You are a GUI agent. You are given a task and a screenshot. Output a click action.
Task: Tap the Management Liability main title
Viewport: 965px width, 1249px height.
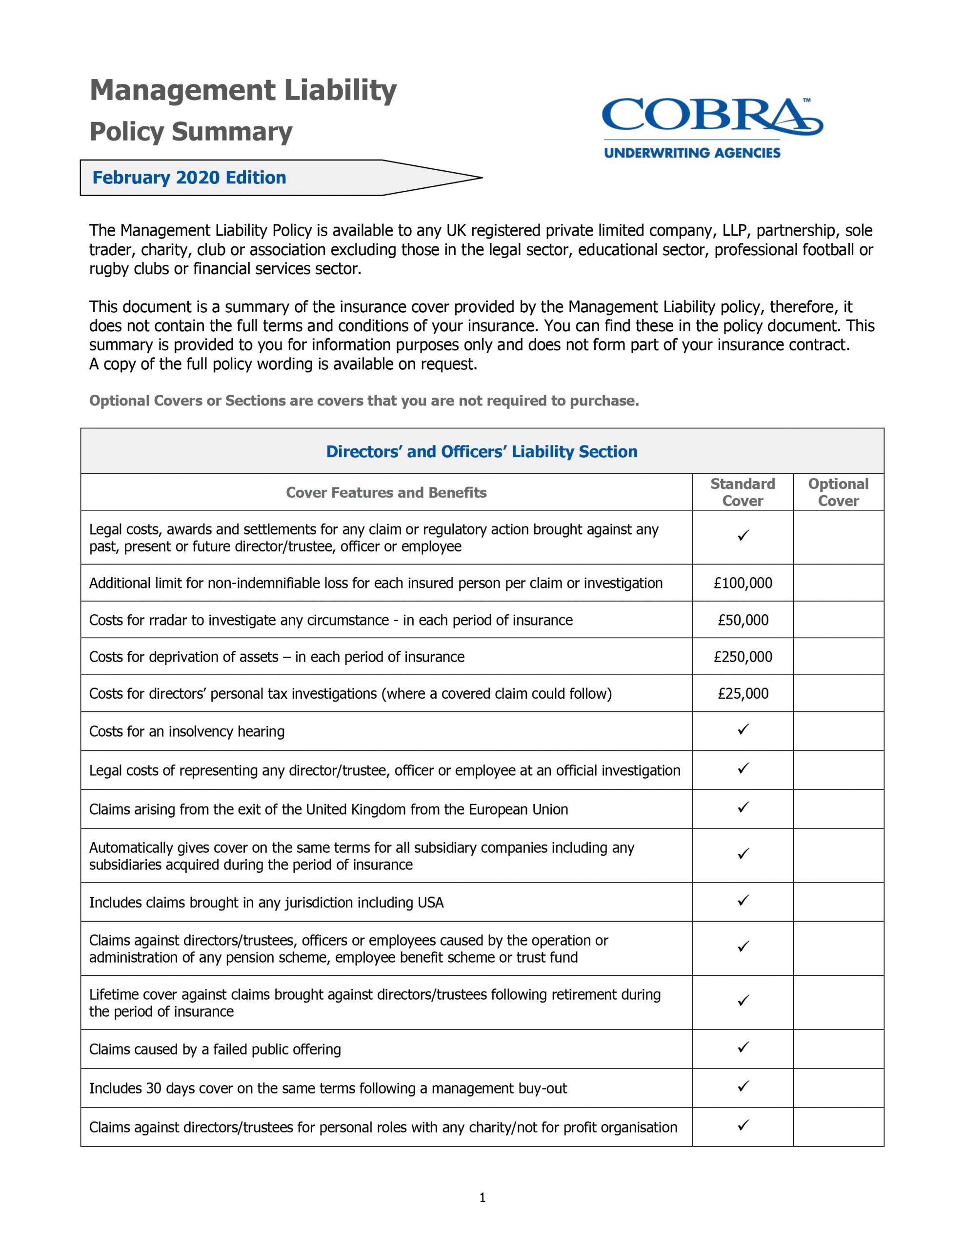coord(243,90)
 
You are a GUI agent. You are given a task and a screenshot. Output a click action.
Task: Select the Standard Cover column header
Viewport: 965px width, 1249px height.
coord(743,492)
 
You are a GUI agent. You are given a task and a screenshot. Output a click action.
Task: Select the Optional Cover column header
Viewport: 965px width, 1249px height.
coord(838,492)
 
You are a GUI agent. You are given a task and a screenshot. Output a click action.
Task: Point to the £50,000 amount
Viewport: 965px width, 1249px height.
coord(743,620)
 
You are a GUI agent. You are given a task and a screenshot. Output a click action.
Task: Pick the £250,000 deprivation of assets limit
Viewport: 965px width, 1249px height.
coord(743,657)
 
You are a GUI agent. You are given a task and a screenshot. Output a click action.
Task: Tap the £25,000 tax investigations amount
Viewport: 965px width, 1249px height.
coord(743,693)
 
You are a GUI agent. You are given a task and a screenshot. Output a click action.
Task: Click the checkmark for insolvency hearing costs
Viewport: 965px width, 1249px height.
coord(743,729)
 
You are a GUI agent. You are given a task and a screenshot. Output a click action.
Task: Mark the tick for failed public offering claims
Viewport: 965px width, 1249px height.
coord(743,1047)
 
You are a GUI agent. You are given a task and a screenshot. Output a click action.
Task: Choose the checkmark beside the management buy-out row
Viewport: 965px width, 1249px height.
coord(743,1086)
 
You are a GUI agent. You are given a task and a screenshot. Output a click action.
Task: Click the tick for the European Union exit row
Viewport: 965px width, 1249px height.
coord(743,807)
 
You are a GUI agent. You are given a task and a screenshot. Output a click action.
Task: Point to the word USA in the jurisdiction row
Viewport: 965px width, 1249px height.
coord(430,903)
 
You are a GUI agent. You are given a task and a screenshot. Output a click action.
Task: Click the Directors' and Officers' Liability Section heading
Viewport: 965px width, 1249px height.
coord(482,451)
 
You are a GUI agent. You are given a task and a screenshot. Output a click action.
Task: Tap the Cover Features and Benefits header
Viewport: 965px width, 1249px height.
coord(386,492)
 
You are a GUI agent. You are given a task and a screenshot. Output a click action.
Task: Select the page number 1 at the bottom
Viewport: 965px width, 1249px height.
coord(482,1198)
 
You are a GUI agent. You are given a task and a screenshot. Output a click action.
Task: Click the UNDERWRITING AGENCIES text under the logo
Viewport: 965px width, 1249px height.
coord(692,153)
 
